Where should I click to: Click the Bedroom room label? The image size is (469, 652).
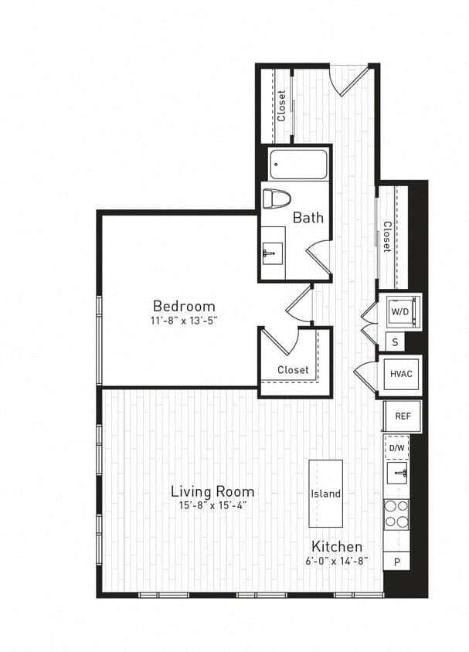184,305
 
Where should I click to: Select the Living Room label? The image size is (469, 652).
212,491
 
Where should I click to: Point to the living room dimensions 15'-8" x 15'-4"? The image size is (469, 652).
212,505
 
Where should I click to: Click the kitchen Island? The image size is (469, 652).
325,494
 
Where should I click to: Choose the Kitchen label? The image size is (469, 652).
337,546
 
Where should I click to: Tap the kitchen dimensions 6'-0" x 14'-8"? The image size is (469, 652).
337,560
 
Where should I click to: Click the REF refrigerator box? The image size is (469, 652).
403,416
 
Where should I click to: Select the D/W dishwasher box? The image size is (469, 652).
396,447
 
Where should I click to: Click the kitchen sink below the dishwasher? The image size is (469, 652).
397,472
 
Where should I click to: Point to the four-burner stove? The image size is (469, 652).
396,513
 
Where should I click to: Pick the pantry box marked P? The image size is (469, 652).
396,562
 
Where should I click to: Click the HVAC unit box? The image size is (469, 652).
399,374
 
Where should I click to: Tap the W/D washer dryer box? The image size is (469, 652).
399,311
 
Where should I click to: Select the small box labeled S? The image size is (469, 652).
395,340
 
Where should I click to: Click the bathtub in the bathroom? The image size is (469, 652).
298,164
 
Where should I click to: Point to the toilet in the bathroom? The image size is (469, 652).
276,199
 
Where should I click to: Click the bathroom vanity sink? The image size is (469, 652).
271,253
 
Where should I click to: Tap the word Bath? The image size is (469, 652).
308,218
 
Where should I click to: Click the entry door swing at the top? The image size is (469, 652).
349,80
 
